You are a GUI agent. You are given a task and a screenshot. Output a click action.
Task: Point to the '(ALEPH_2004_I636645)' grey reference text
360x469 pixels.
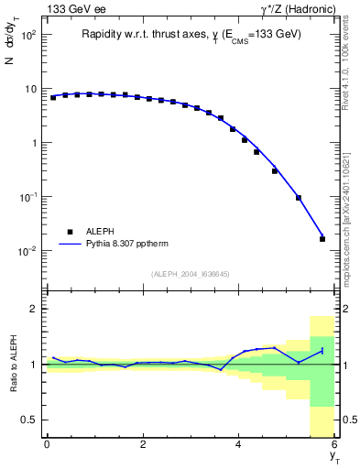pos(191,273)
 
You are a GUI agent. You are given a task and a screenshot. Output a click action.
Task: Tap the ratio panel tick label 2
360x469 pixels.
pos(32,309)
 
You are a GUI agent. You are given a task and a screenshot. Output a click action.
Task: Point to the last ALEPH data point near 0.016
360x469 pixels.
pos(322,239)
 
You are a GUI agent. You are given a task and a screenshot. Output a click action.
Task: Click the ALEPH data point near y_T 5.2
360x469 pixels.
pos(299,198)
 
